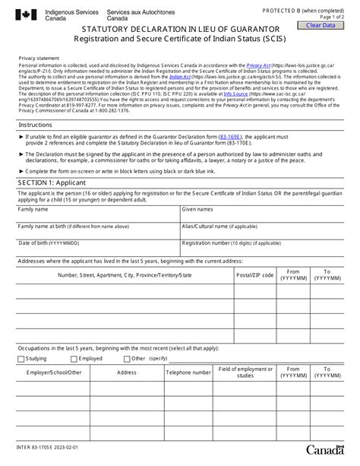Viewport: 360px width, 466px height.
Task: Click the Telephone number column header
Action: point(188,372)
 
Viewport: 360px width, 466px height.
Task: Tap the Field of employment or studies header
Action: point(245,372)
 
